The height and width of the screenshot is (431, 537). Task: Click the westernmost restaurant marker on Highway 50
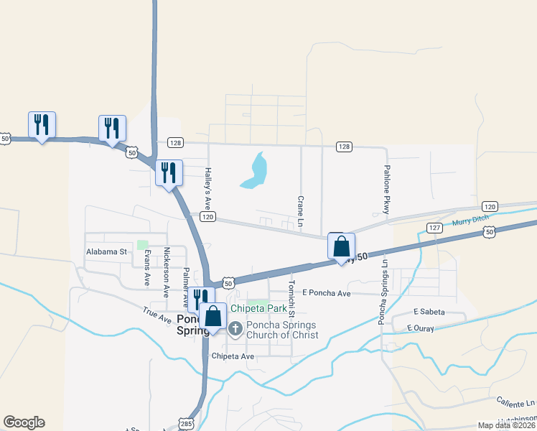pos(42,126)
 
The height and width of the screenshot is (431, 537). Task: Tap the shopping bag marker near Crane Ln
pos(341,246)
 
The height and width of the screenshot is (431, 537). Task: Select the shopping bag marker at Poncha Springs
pos(213,317)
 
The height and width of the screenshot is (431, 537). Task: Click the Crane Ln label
pos(300,208)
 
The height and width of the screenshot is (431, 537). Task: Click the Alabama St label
pos(106,252)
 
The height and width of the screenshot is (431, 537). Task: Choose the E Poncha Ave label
pos(326,293)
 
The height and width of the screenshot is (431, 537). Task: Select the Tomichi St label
pos(292,297)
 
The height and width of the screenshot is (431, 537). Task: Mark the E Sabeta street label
pos(429,312)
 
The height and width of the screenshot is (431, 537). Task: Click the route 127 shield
pos(434,228)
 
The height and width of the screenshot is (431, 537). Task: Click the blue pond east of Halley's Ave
pos(254,170)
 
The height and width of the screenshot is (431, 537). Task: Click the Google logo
pos(24,422)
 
